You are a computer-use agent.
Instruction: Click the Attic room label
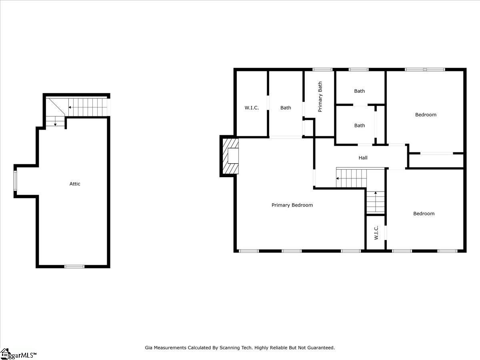click(x=75, y=184)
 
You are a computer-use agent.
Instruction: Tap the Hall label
click(x=363, y=158)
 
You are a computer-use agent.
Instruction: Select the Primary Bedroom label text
click(x=292, y=205)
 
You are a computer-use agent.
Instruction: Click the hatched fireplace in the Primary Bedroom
click(x=230, y=156)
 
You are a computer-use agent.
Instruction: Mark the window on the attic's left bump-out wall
click(x=16, y=181)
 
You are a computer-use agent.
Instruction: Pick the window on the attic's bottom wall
click(x=74, y=266)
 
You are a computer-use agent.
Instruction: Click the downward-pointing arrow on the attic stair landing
click(x=55, y=124)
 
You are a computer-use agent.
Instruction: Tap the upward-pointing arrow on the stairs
click(x=375, y=194)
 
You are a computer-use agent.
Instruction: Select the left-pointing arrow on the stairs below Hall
click(x=338, y=179)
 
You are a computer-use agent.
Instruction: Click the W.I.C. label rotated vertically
click(x=376, y=233)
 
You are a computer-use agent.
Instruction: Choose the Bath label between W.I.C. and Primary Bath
click(x=286, y=108)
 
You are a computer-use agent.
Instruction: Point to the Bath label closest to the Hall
click(x=360, y=126)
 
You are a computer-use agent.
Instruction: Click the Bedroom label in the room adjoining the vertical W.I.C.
click(x=424, y=214)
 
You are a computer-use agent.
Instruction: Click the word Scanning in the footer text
click(x=230, y=348)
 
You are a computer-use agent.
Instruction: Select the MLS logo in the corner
click(x=18, y=354)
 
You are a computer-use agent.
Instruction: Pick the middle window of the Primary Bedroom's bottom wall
click(x=291, y=251)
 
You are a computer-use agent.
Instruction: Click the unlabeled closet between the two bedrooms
click(x=436, y=161)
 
